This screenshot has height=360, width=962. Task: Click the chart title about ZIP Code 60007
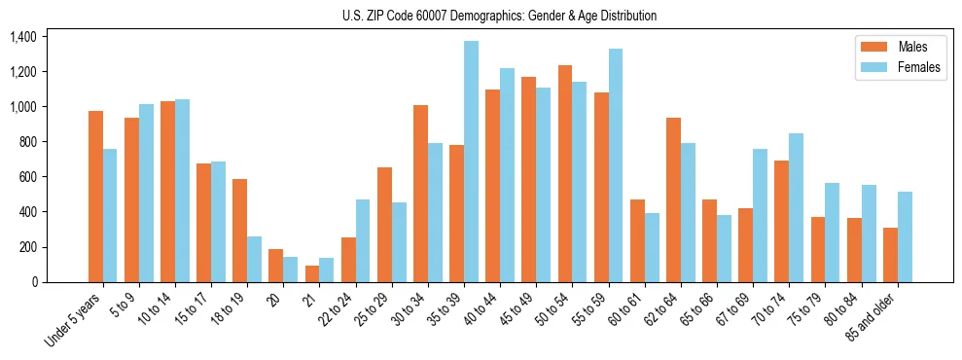[499, 16]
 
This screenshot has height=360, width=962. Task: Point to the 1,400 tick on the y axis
[22, 37]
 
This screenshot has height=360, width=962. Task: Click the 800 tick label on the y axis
[27, 142]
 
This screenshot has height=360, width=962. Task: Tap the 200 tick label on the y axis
[27, 247]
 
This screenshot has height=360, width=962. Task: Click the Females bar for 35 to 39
[471, 162]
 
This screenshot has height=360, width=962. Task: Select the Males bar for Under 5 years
[95, 197]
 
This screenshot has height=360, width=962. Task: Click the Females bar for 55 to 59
[616, 165]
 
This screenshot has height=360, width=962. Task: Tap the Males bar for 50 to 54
[565, 174]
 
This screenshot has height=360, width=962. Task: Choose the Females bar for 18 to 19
[254, 259]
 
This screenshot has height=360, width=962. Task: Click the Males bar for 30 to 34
[420, 194]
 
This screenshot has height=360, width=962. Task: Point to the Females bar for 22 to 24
[363, 240]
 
